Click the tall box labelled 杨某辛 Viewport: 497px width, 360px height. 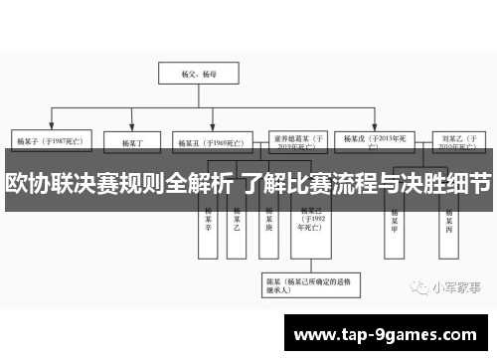click(209, 222)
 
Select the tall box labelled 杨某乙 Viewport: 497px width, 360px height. click(237, 222)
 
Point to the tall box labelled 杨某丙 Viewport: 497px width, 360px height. click(449, 222)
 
